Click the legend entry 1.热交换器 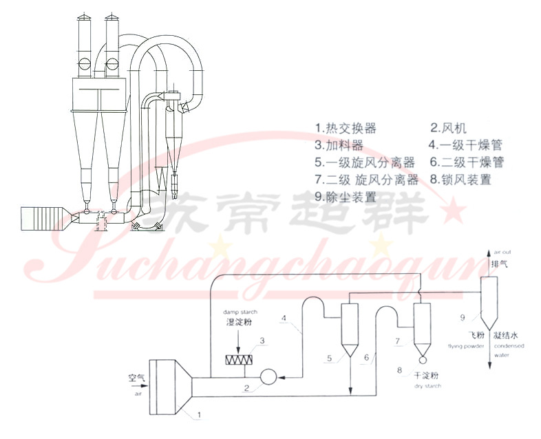point(346,128)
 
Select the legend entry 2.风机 point(449,128)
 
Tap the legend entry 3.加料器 point(339,145)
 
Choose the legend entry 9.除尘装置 point(346,196)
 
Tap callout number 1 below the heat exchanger point(198,415)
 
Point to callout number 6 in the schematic point(366,357)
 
